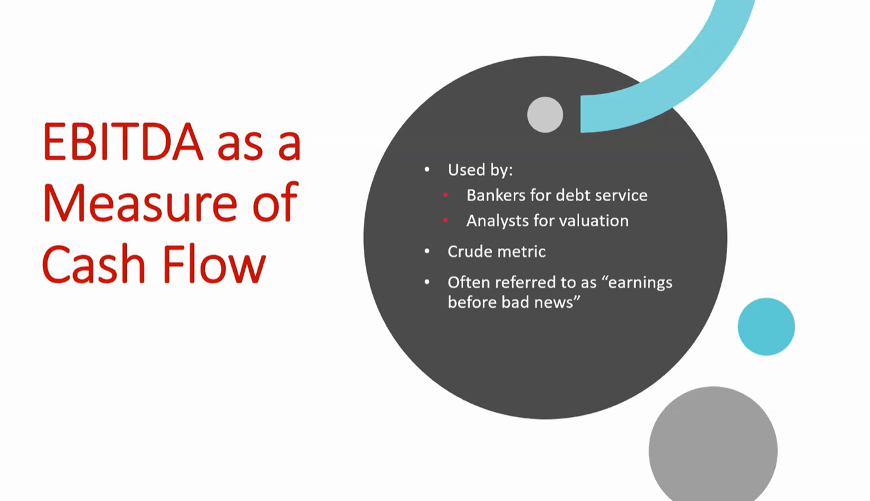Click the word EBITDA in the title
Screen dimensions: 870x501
coord(123,142)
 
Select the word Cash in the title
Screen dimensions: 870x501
coord(94,264)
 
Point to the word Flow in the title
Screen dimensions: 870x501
coord(214,264)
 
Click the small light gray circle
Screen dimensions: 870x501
coord(545,115)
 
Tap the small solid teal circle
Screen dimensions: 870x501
coord(766,327)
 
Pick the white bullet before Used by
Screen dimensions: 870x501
coord(427,170)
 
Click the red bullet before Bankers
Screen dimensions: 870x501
coord(445,195)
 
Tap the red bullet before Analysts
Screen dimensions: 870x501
coord(445,220)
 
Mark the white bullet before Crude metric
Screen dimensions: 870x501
coord(427,251)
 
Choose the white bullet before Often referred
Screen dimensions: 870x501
coord(427,283)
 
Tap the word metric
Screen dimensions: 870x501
coord(521,251)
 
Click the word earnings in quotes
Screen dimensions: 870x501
coord(640,283)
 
